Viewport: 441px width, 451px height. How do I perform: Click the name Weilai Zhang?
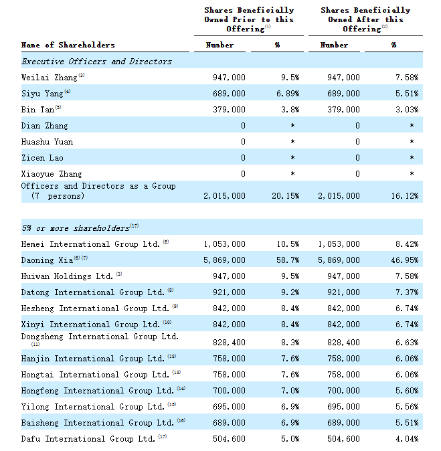(50, 78)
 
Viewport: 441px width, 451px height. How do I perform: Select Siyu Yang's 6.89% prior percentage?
(288, 94)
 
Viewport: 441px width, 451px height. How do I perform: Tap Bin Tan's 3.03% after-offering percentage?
(407, 110)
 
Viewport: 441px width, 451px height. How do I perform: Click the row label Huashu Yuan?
(47, 142)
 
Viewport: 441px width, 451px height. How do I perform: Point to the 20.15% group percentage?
(285, 196)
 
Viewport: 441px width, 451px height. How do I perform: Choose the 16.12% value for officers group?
(404, 196)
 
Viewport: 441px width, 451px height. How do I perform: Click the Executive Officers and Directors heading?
(96, 62)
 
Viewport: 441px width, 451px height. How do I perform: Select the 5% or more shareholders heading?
(76, 228)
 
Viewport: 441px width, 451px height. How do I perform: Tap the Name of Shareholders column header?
(68, 45)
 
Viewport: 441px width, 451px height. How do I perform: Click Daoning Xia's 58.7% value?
(288, 260)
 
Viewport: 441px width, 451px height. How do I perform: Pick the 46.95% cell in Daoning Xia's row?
(404, 260)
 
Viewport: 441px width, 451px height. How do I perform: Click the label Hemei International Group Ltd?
(90, 244)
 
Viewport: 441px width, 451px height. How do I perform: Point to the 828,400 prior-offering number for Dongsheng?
(229, 343)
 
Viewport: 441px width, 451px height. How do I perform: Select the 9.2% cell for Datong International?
(290, 292)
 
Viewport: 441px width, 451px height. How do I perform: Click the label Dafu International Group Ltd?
(88, 439)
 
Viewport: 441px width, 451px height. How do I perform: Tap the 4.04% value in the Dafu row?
(407, 439)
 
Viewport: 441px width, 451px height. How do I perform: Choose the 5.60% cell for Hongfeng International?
(407, 391)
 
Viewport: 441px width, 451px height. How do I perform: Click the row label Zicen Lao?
(42, 158)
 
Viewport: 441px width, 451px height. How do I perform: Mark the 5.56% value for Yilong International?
(407, 407)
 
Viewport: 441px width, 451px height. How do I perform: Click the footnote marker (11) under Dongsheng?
(35, 344)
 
